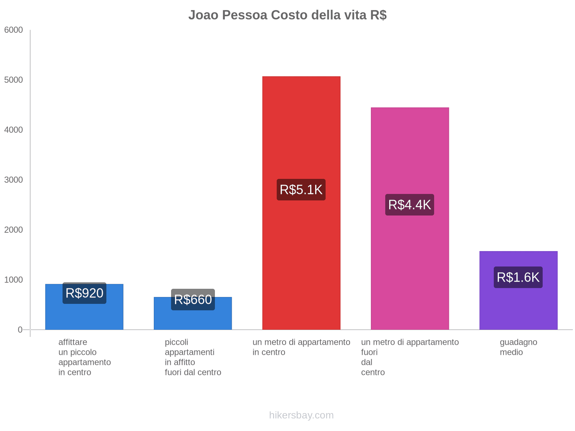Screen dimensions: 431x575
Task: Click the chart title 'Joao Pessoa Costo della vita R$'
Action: (287, 15)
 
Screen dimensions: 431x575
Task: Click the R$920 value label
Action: (84, 293)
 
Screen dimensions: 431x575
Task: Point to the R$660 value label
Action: (193, 300)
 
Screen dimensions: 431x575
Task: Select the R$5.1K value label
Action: (301, 190)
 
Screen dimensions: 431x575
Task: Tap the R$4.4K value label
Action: (410, 205)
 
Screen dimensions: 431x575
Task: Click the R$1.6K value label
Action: (518, 277)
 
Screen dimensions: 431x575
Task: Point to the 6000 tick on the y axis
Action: (14, 30)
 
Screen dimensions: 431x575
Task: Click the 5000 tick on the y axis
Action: (14, 80)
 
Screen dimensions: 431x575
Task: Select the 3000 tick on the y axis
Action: (14, 180)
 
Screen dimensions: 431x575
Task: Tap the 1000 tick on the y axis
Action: (14, 280)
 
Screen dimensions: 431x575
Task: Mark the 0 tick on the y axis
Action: (20, 330)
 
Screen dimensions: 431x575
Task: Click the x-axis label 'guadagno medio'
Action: (518, 347)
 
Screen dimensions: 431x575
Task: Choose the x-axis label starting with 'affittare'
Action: (84, 357)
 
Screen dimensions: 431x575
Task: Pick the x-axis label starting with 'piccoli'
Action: (193, 357)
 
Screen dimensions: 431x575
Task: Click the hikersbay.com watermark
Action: (301, 415)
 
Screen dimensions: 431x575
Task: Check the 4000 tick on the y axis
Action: (14, 130)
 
